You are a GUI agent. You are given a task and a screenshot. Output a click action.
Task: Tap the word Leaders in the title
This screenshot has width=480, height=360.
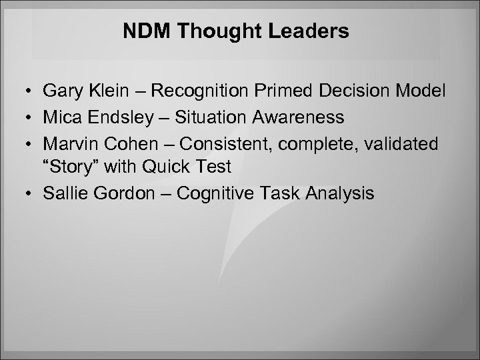point(317,32)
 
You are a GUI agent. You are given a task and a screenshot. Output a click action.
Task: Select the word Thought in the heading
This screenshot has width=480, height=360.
point(223,32)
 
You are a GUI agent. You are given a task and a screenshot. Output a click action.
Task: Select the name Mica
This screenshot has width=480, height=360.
point(61,118)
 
